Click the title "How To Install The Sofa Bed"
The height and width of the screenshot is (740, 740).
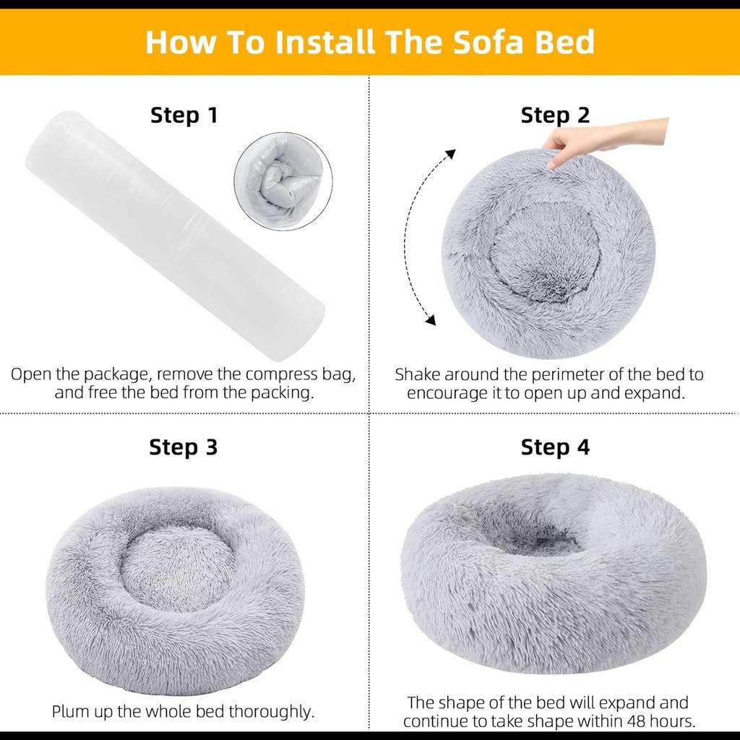click(370, 42)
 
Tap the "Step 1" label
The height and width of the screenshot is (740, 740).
click(184, 115)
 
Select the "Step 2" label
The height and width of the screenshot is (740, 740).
click(555, 115)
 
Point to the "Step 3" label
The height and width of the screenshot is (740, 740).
click(183, 447)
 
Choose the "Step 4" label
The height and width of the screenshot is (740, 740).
click(555, 447)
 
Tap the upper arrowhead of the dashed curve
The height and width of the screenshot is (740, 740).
click(451, 153)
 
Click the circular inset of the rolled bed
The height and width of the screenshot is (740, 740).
click(283, 181)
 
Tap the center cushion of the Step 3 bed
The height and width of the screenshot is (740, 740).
click(177, 567)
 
